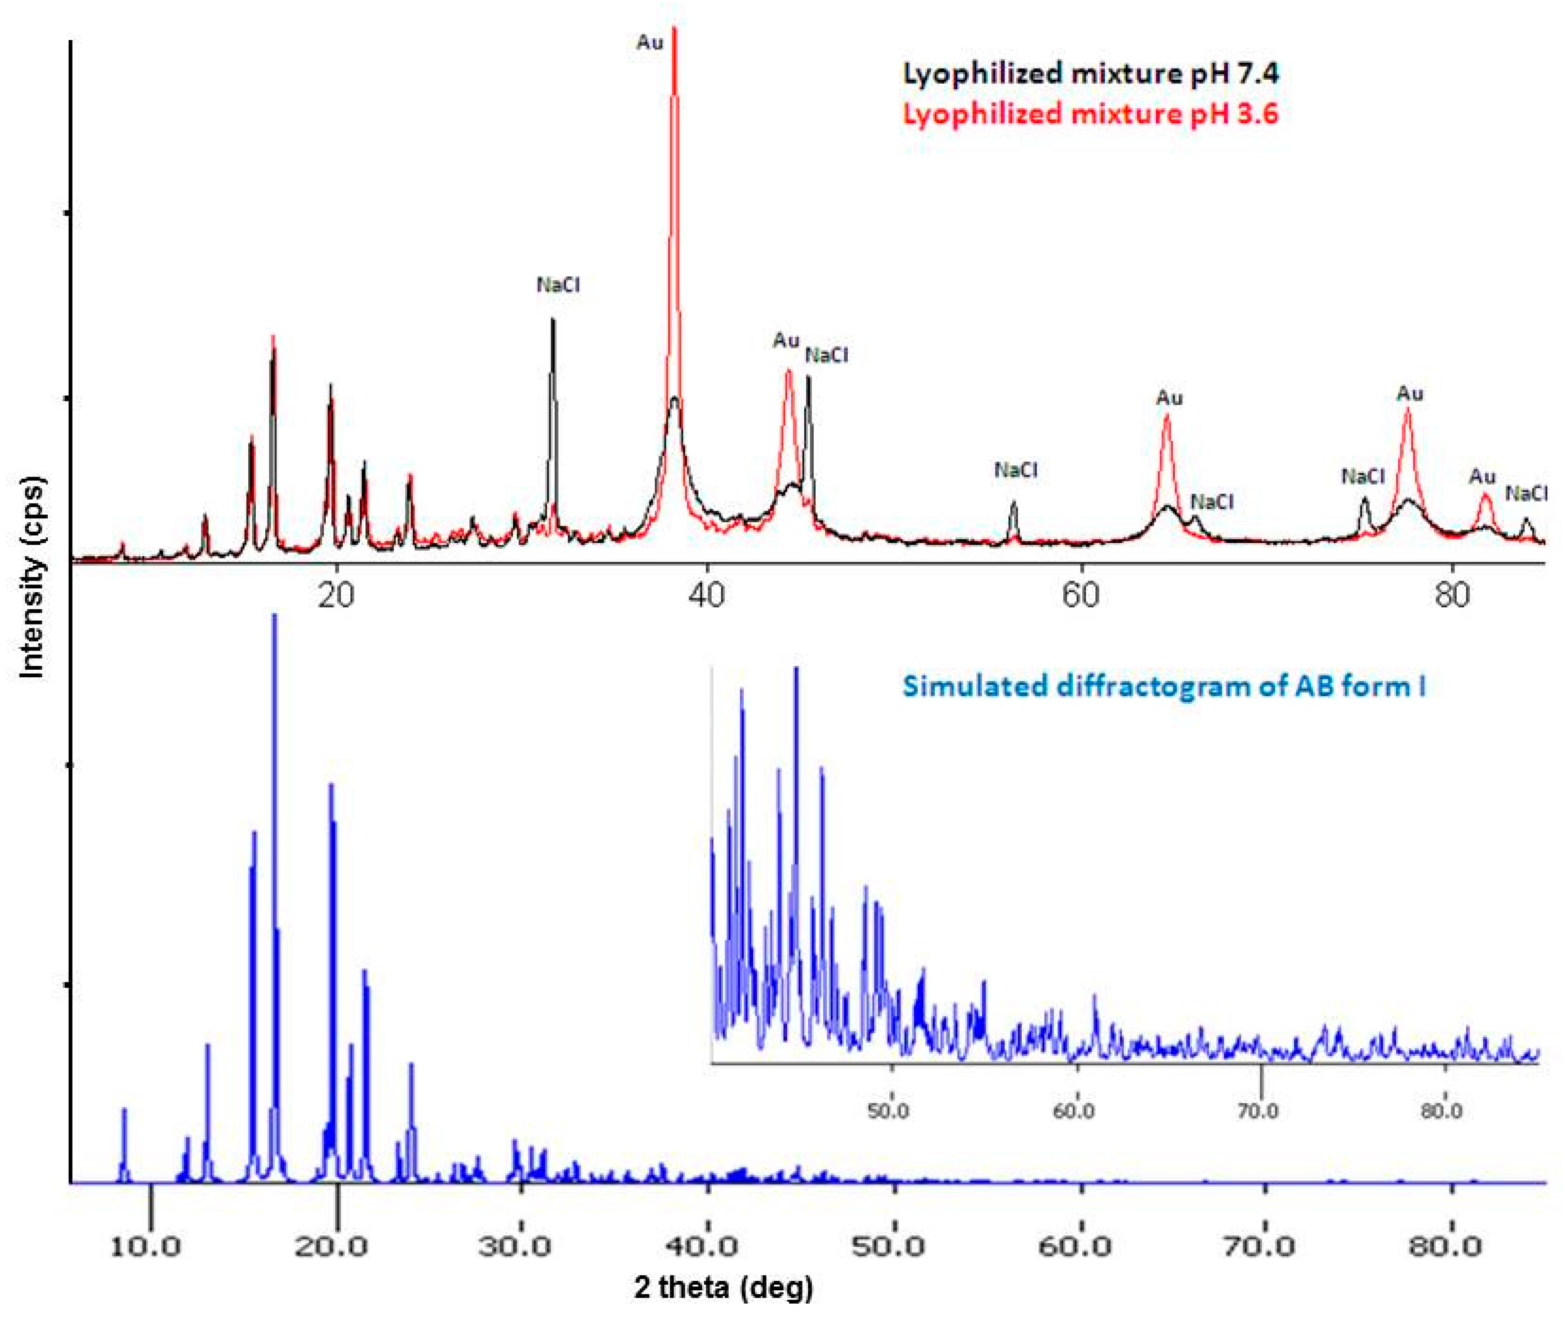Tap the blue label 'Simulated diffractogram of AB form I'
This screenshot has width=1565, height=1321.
click(1163, 686)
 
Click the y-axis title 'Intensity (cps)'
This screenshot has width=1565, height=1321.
click(32, 577)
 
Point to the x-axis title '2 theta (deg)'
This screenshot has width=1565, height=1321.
click(723, 1287)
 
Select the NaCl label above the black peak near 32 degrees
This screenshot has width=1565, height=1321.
click(558, 285)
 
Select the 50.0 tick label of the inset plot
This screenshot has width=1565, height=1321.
click(889, 1110)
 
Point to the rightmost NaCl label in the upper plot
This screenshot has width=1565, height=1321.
click(1526, 494)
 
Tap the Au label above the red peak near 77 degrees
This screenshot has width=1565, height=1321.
click(1410, 394)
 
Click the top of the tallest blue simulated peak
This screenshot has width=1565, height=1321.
click(274, 616)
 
